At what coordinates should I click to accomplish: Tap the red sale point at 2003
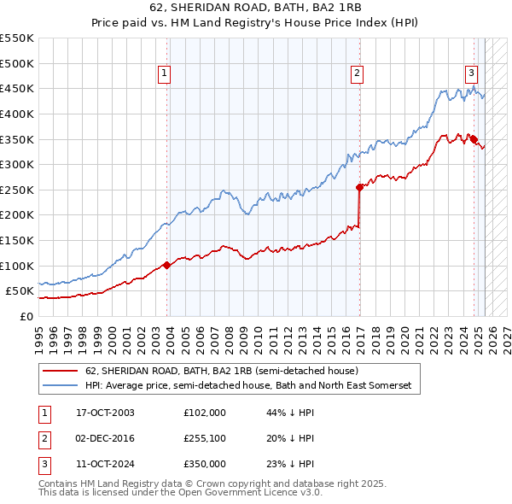click(x=167, y=265)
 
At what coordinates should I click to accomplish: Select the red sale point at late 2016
click(x=359, y=187)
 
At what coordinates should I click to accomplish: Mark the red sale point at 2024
click(x=474, y=139)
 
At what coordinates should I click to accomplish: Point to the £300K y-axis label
click(x=17, y=164)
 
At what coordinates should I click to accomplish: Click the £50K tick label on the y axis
click(x=20, y=291)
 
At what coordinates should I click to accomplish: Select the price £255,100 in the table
click(x=204, y=438)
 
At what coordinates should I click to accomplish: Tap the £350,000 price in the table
click(x=204, y=464)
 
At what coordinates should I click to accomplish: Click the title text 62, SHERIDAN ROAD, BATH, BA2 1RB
click(x=255, y=9)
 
